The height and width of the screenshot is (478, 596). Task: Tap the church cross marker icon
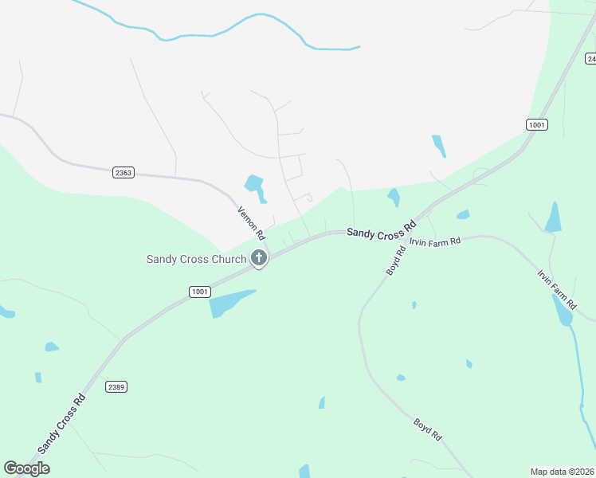(x=259, y=258)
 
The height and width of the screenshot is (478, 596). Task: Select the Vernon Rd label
(x=250, y=224)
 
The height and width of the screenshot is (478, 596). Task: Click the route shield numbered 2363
(x=124, y=172)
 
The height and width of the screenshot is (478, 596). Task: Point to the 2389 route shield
(x=116, y=386)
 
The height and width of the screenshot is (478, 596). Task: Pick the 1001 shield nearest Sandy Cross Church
(x=200, y=292)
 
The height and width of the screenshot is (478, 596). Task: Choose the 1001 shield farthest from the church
(x=537, y=124)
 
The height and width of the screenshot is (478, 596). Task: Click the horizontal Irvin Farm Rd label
(x=435, y=241)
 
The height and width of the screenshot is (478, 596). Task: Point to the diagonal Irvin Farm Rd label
(x=557, y=290)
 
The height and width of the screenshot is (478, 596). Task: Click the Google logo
(x=26, y=468)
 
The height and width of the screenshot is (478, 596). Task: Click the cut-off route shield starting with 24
(x=590, y=59)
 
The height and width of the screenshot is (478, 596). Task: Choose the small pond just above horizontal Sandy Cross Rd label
(x=393, y=197)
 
